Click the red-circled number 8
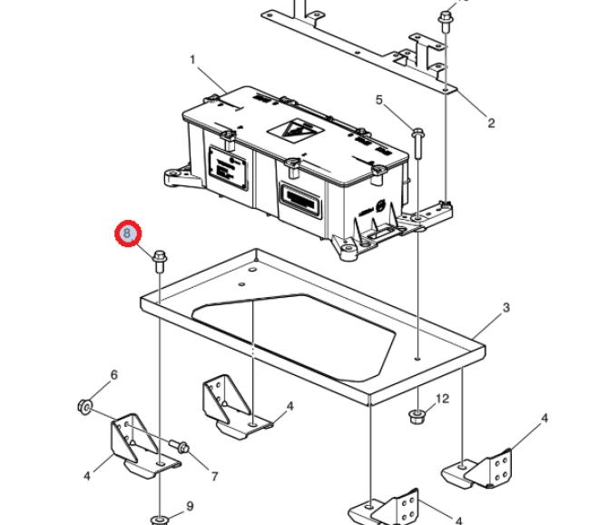point(128,234)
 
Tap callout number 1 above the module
point(192,60)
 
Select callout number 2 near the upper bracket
point(491,123)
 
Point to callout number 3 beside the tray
point(505,308)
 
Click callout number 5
point(379,100)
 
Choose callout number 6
point(114,375)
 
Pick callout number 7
point(214,476)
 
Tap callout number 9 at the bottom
point(190,506)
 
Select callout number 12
point(443,399)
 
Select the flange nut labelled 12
point(418,417)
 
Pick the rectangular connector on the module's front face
point(296,197)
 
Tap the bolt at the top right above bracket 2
point(446,18)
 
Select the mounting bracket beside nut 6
point(134,445)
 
